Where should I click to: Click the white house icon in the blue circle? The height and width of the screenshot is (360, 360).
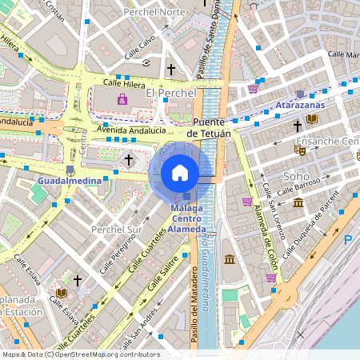[x=180, y=172]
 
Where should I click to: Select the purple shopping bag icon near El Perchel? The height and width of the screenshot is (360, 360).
[x=122, y=100]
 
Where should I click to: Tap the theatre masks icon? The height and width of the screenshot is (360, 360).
[x=300, y=149]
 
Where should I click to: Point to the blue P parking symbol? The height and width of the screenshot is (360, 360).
[x=348, y=240]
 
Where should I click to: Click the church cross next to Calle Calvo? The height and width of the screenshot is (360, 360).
[x=170, y=70]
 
